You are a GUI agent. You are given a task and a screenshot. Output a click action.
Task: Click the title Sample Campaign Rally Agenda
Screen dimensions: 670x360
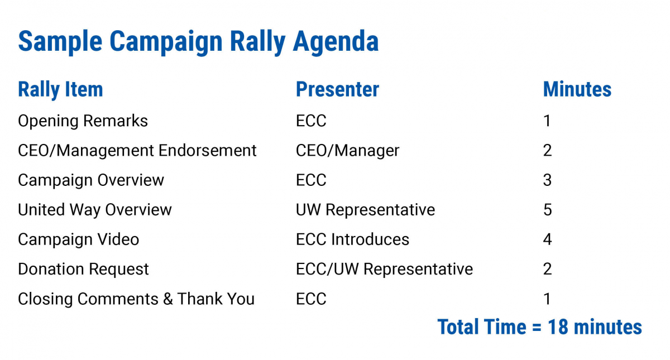pyautogui.click(x=198, y=42)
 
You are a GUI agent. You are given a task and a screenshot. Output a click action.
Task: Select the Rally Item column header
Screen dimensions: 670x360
pyautogui.click(x=60, y=89)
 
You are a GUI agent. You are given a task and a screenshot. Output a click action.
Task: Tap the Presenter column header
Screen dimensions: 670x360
pyautogui.click(x=337, y=89)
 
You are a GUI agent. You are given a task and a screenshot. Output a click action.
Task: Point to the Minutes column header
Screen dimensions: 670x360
pyautogui.click(x=577, y=89)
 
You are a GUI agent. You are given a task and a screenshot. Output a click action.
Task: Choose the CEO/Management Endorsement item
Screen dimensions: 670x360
pyautogui.click(x=137, y=150)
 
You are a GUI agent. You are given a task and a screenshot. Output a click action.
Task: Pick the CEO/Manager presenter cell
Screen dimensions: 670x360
pyautogui.click(x=347, y=151)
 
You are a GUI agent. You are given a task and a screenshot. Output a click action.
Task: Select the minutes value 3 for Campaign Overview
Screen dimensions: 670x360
pyautogui.click(x=547, y=180)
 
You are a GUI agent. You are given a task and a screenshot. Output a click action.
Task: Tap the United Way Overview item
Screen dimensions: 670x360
pyautogui.click(x=95, y=210)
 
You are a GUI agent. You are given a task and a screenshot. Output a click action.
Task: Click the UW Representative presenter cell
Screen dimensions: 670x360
pyautogui.click(x=365, y=210)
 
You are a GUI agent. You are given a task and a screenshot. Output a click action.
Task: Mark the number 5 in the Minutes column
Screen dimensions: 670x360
pyautogui.click(x=548, y=210)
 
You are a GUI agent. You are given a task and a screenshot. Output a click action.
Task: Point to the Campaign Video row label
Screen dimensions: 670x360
pyautogui.click(x=78, y=239)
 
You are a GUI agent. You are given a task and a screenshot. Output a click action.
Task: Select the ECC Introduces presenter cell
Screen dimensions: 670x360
pyautogui.click(x=352, y=239)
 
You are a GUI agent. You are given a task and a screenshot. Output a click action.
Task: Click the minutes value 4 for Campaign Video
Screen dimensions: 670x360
pyautogui.click(x=547, y=239)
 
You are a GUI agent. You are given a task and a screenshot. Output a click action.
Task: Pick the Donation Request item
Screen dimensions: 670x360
pyautogui.click(x=83, y=270)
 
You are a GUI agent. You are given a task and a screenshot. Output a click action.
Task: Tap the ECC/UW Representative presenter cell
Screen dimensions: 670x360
pyautogui.click(x=384, y=269)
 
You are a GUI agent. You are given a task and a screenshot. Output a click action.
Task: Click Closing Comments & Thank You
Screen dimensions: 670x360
pyautogui.click(x=136, y=299)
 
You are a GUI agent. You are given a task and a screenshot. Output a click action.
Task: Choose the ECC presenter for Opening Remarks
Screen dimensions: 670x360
pyautogui.click(x=311, y=121)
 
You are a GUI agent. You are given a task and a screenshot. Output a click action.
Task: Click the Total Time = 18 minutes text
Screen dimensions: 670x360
pyautogui.click(x=539, y=327)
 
